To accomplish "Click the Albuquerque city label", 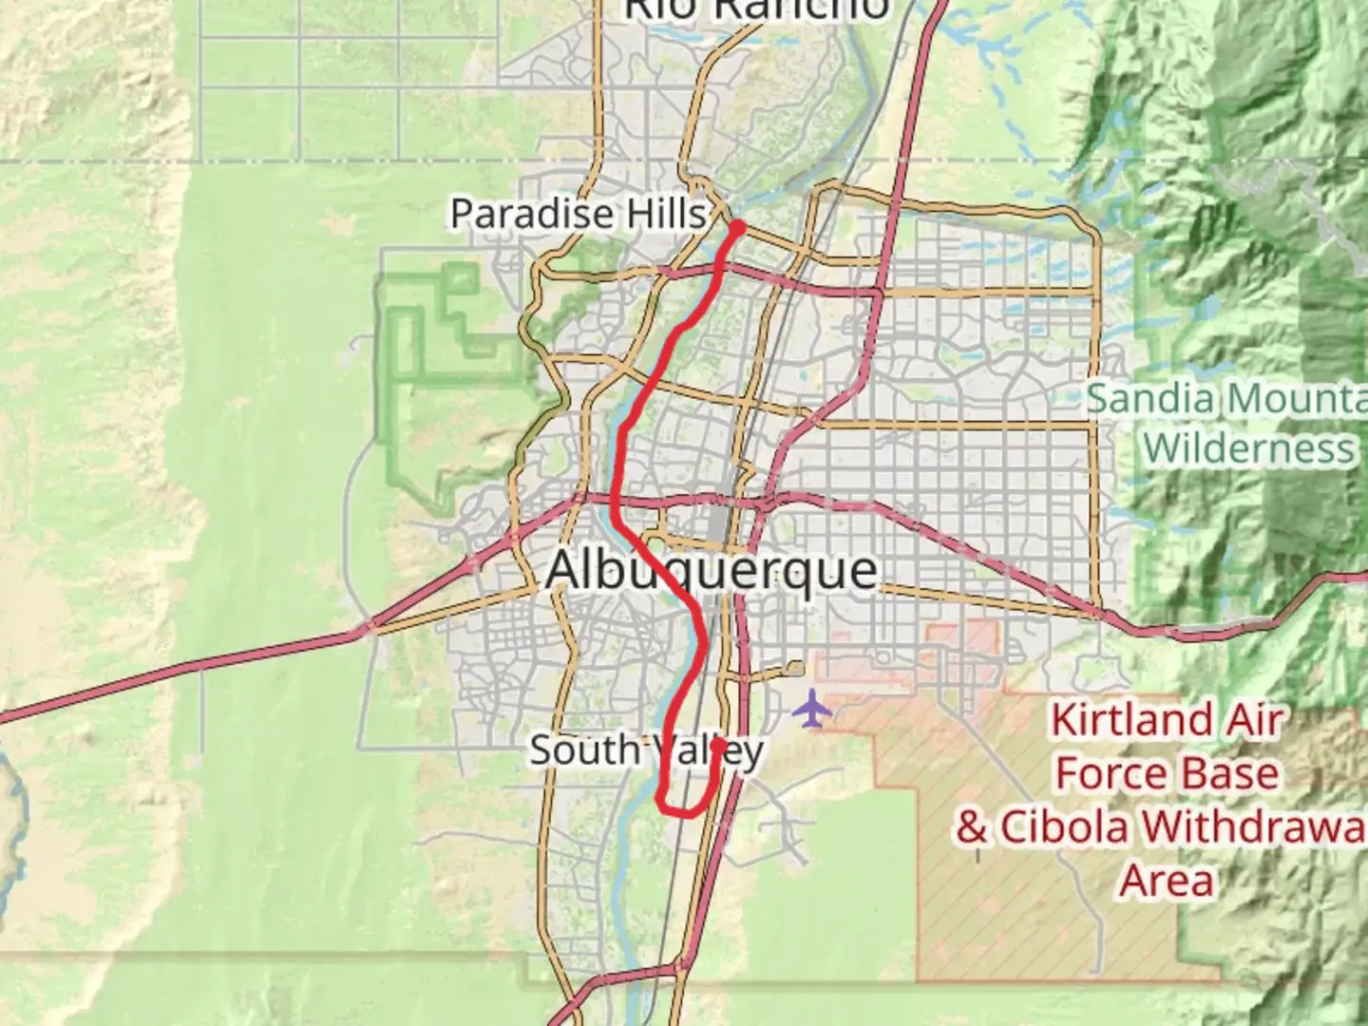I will tap(711, 571).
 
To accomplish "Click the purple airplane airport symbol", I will tap(811, 709).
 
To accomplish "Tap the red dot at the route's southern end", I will tap(717, 745).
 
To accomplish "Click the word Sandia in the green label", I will tap(1149, 399).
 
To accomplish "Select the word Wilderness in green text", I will tap(1248, 446).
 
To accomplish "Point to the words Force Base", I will tap(1167, 774).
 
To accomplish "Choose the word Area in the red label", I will tap(1167, 881).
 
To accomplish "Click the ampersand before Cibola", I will tap(972, 827).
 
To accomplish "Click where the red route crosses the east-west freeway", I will tap(617, 498).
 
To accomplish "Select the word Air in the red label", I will tap(1254, 721).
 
